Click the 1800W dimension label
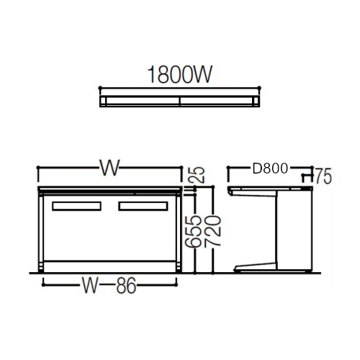coord(180,75)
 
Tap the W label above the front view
coord(109,168)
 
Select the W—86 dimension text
coord(109,285)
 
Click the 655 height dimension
coord(193,231)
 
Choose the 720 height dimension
coord(212,230)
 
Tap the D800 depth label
coord(270,168)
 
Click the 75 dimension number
coord(323,176)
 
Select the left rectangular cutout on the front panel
coord(76,206)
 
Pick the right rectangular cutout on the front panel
coord(143,206)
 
